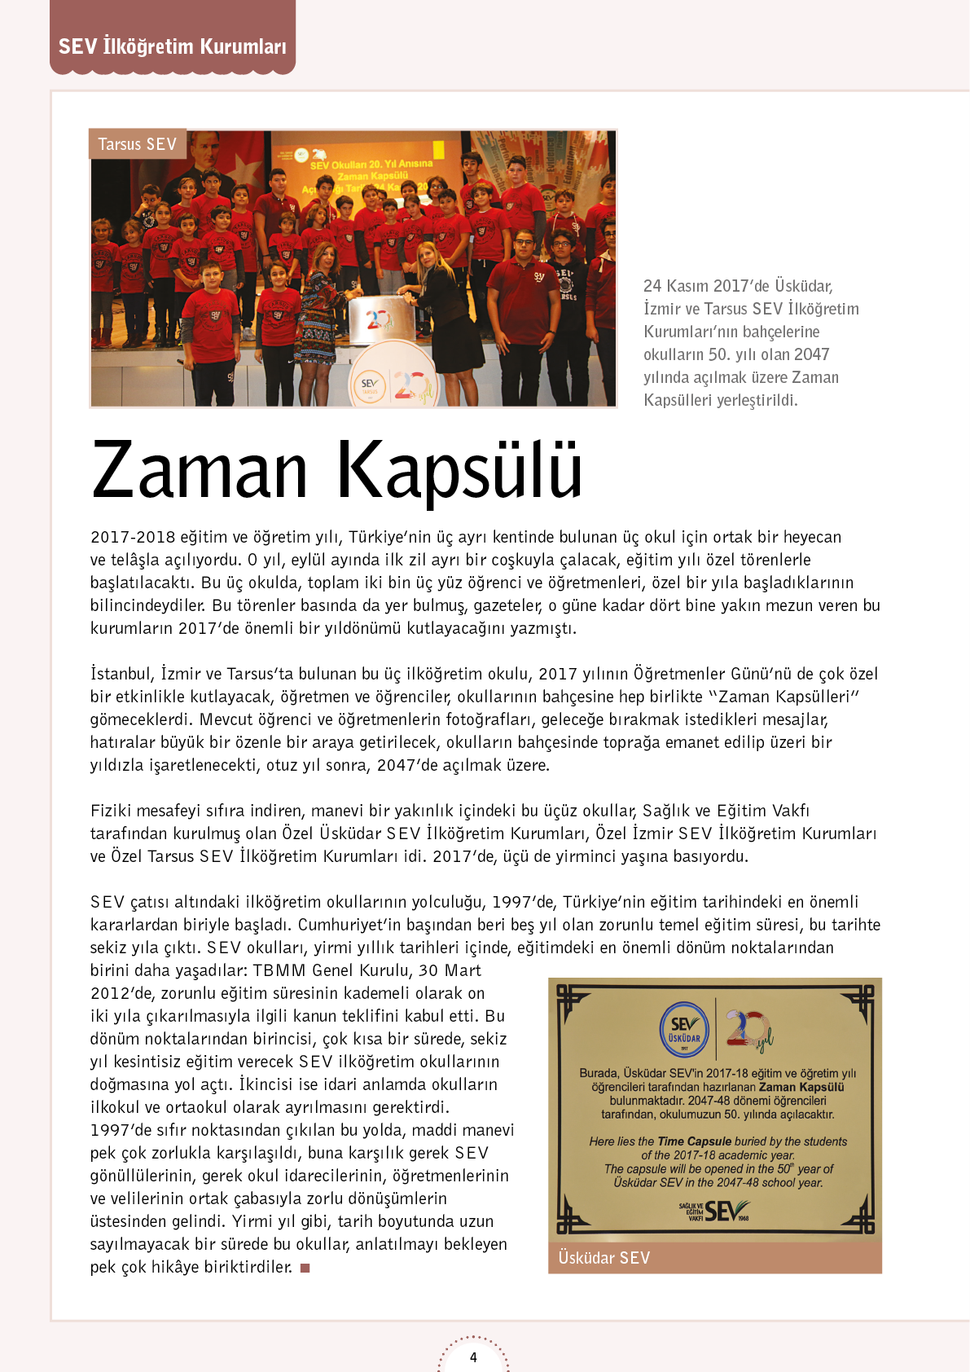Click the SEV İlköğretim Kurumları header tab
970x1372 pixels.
pyautogui.click(x=172, y=46)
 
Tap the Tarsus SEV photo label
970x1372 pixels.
pyautogui.click(x=137, y=144)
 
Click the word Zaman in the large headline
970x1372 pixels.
pyautogui.click(x=200, y=470)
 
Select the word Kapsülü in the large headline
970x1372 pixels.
pyautogui.click(x=459, y=470)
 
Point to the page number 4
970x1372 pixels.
pyautogui.click(x=473, y=1357)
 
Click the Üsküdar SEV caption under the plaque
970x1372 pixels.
pyautogui.click(x=604, y=1258)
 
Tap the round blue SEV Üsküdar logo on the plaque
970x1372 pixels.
pyautogui.click(x=684, y=1031)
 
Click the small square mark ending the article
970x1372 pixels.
pyautogui.click(x=305, y=1268)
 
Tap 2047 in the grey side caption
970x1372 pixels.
pyautogui.click(x=811, y=354)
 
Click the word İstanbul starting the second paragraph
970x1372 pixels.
pyautogui.click(x=122, y=674)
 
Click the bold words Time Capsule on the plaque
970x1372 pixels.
pyautogui.click(x=695, y=1141)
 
